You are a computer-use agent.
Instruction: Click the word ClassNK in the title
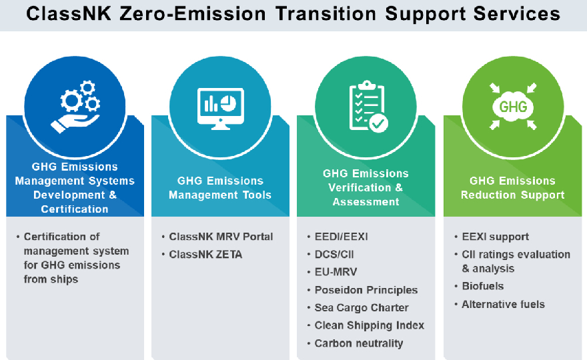69,14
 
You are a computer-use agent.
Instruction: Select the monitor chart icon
221,109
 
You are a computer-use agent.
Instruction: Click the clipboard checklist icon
368,107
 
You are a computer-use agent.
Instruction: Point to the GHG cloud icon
513,107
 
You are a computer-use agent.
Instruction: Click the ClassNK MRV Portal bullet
221,237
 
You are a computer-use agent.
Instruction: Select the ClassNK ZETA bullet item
205,255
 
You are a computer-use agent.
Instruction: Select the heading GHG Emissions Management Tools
220,188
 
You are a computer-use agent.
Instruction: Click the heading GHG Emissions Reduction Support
512,188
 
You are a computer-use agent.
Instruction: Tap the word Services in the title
516,14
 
